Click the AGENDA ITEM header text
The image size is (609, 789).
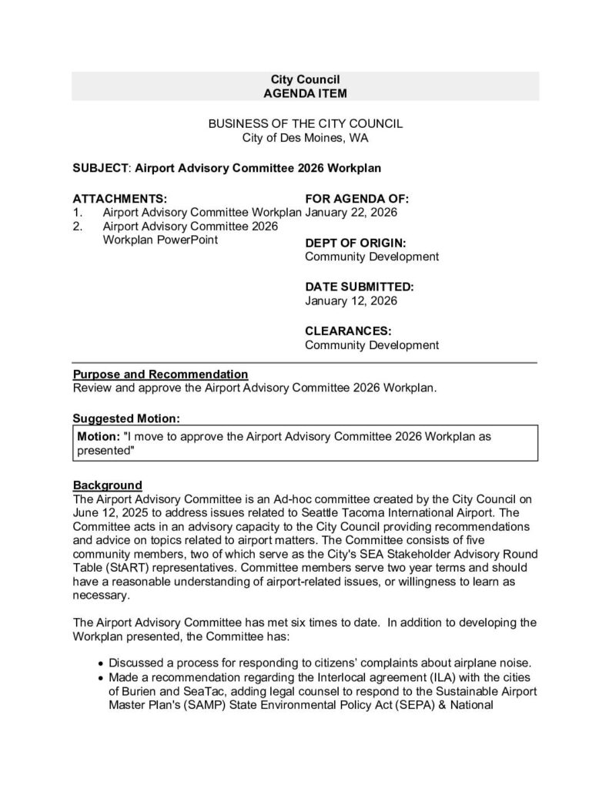click(305, 92)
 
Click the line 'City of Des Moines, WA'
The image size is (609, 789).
click(305, 138)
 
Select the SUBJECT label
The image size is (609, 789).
click(101, 166)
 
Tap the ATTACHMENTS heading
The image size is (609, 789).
click(119, 197)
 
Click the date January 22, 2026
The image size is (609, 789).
click(351, 212)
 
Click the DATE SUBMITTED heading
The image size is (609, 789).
click(360, 286)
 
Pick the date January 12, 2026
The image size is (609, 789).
click(351, 300)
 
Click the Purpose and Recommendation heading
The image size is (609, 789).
click(160, 374)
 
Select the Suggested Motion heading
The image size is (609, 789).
click(126, 418)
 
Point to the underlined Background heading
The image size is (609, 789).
click(107, 485)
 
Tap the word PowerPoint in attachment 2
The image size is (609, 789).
click(185, 240)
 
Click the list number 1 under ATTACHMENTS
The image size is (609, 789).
click(77, 212)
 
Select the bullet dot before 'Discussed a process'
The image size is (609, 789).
click(102, 663)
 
